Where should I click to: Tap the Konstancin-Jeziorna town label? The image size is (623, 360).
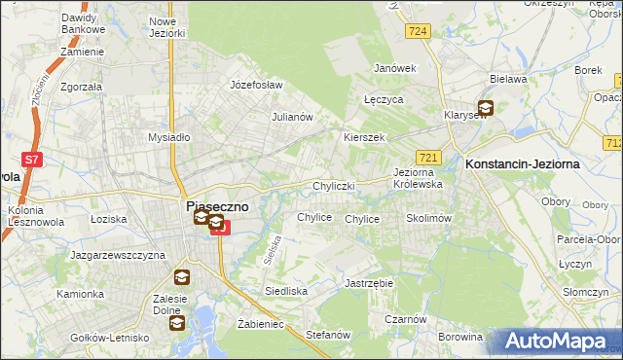click(x=523, y=164)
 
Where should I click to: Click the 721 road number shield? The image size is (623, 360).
click(x=429, y=157)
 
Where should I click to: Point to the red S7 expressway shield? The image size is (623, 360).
click(x=32, y=159)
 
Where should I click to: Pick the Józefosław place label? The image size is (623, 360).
click(x=255, y=85)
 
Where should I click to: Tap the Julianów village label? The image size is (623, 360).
click(x=291, y=117)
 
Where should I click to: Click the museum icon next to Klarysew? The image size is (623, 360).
click(x=485, y=109)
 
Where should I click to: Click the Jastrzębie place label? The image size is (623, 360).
click(x=368, y=283)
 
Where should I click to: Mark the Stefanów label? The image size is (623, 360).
click(x=327, y=334)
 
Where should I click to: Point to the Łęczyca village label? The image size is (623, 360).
click(x=383, y=100)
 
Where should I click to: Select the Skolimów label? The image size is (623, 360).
click(x=428, y=219)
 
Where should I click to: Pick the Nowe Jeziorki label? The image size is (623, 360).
click(x=167, y=26)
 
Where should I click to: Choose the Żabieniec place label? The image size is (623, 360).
click(x=260, y=324)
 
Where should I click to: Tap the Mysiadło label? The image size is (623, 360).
click(x=168, y=137)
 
